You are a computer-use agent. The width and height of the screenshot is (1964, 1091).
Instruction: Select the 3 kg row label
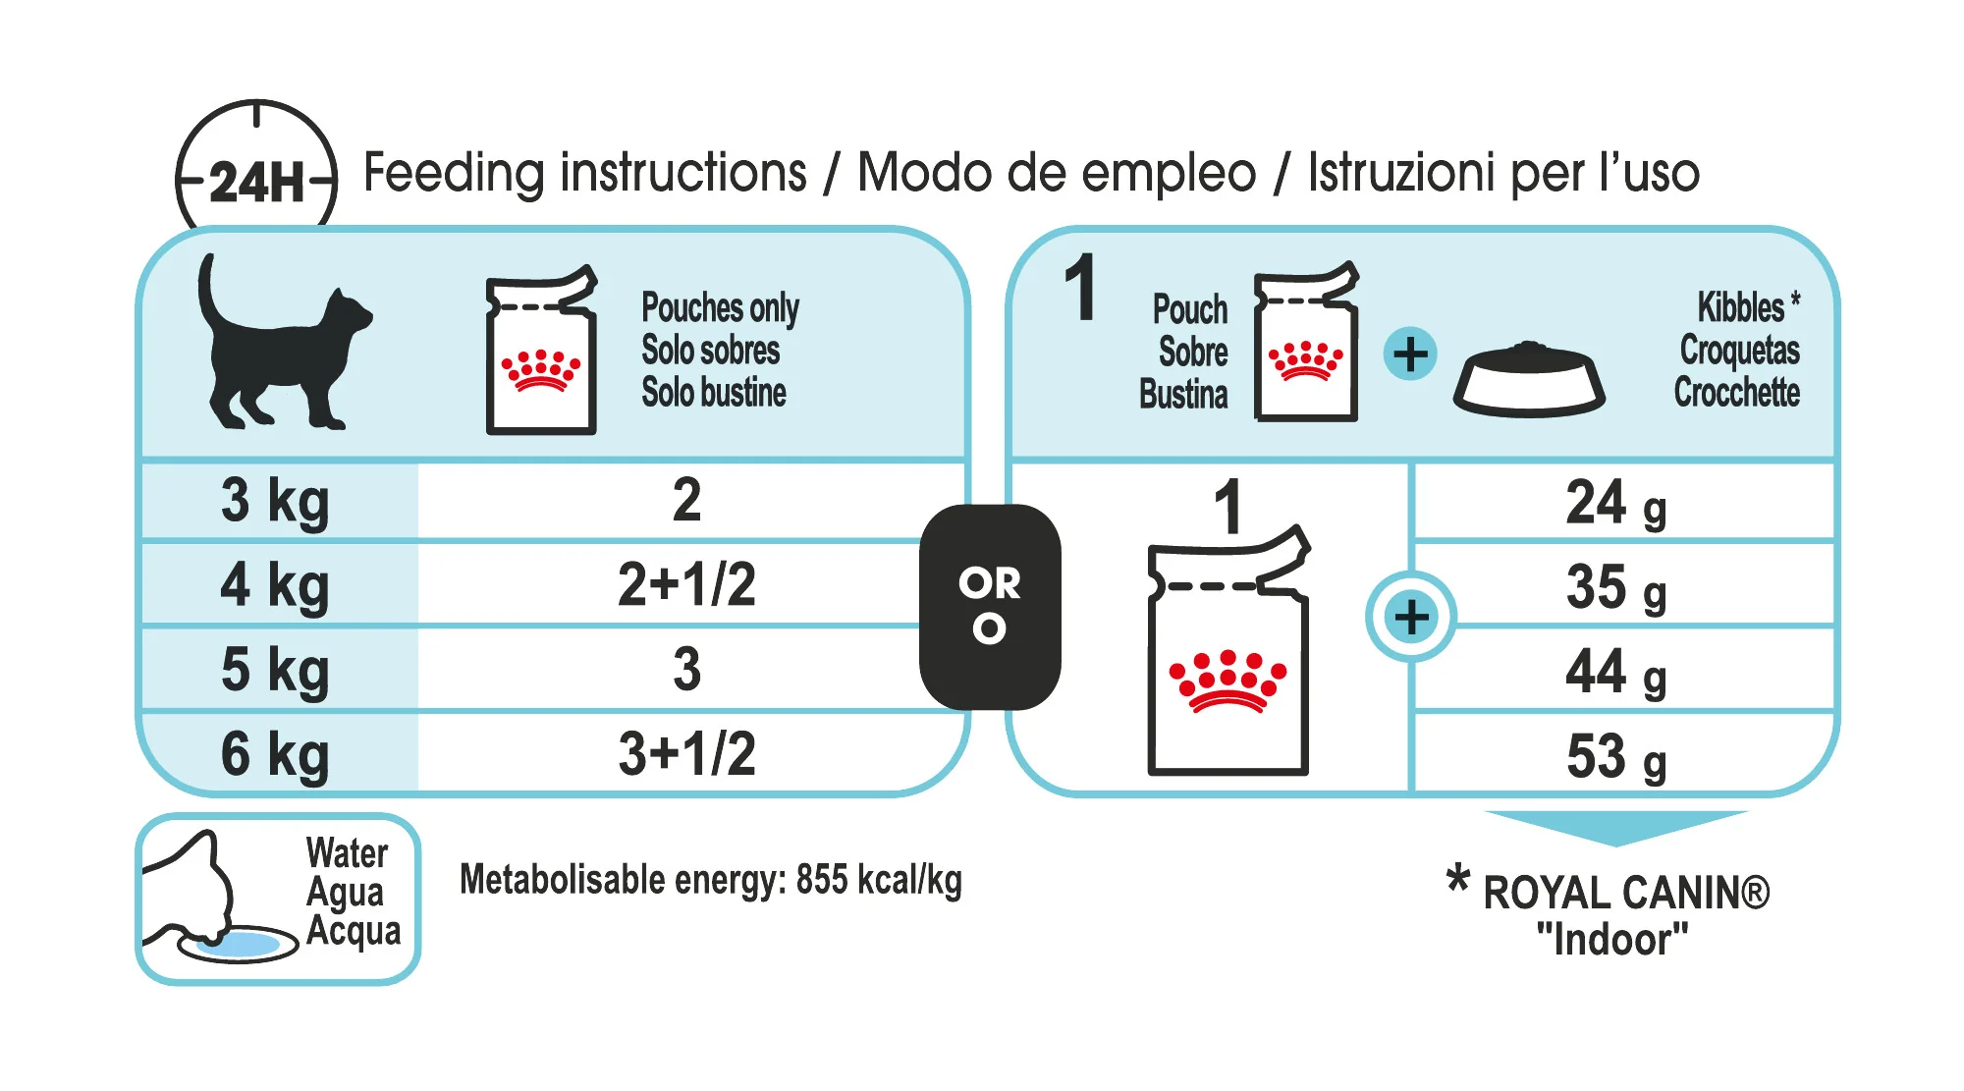275,502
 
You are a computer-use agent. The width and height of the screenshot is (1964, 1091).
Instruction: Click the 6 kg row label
275,755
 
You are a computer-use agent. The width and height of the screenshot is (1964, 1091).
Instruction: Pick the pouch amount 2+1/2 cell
686,584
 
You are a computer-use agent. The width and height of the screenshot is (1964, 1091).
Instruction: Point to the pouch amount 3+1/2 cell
686,754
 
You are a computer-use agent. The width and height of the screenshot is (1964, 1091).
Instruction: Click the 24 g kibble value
1615,503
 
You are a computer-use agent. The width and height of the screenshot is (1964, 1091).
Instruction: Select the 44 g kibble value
1615,672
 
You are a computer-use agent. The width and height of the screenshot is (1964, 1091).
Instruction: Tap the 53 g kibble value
1615,756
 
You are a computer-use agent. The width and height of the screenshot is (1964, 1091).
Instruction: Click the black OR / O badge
990,607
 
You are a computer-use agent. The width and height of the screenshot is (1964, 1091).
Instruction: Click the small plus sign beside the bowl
1410,354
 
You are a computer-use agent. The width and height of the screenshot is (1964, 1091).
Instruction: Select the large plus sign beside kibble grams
1411,618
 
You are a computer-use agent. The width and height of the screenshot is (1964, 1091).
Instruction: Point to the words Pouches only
720,308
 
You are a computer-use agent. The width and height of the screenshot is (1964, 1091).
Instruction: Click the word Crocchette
1736,392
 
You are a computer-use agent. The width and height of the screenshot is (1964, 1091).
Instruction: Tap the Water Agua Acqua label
352,893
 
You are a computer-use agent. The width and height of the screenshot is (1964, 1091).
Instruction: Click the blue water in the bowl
239,945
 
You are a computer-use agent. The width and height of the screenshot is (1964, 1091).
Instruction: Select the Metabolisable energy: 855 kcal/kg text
711,880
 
